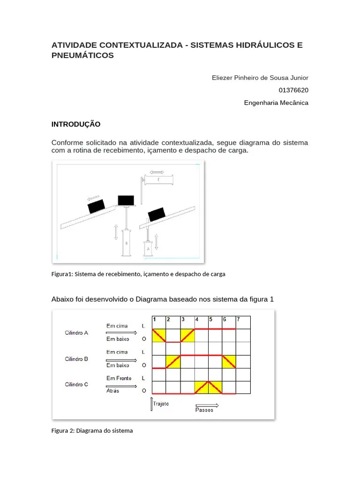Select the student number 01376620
coord(293,90)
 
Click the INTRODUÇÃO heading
coord(75,124)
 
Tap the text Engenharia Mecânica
coord(276,103)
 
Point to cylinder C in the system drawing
coord(159,180)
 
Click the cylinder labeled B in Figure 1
coord(126,243)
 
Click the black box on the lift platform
coord(126,200)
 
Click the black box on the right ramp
coord(156,214)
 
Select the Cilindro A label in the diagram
coord(76,333)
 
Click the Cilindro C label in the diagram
coord(76,384)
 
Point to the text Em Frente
coord(119,378)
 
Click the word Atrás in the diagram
coord(113,390)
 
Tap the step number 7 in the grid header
coord(238,320)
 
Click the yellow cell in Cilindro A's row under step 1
coord(159,336)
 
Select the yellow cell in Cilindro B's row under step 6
coord(229,361)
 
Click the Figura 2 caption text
coord(92,430)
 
